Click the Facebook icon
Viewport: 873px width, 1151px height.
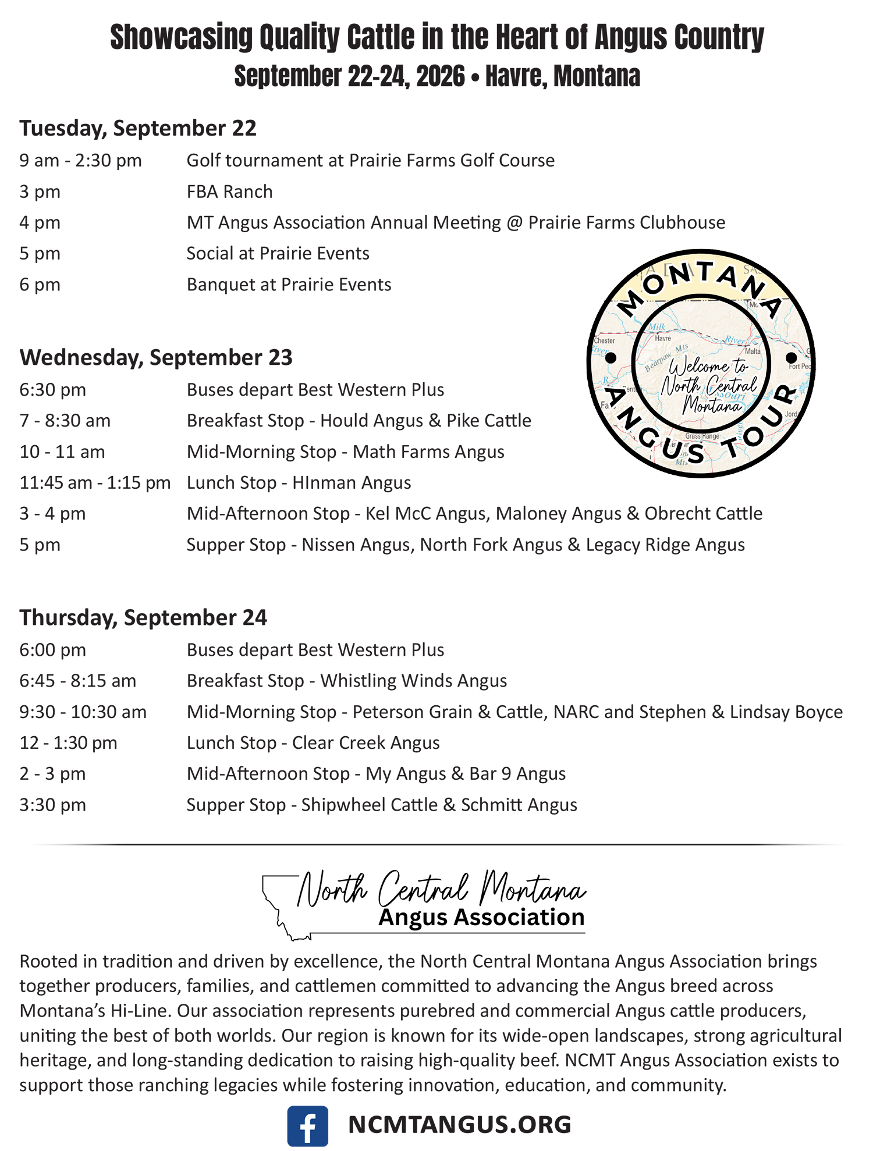(307, 1125)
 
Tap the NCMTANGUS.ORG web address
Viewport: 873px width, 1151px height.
(459, 1124)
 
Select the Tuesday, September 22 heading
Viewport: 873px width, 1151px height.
(138, 128)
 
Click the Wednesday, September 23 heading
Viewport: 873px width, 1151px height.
(156, 357)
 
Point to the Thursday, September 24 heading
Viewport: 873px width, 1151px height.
(143, 617)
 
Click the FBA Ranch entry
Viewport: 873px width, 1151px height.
(229, 191)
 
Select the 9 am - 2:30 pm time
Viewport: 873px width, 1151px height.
(80, 161)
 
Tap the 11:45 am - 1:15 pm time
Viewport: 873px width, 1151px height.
(95, 483)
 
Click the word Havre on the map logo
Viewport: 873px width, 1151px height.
(663, 338)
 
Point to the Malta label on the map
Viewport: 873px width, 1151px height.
(753, 351)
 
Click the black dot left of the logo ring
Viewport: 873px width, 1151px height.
(611, 358)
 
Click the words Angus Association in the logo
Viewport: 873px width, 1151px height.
(481, 918)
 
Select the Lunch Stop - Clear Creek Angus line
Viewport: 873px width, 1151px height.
(313, 743)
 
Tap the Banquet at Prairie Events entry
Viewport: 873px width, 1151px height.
(289, 285)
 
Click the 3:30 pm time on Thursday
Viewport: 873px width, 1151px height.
(52, 805)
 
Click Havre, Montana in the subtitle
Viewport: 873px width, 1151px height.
(563, 76)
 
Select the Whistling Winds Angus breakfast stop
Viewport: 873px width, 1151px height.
(347, 681)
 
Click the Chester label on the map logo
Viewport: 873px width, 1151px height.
(604, 340)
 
